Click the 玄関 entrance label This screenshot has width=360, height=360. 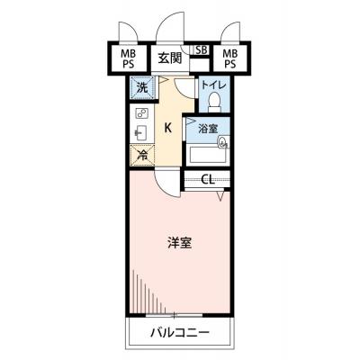point(170,58)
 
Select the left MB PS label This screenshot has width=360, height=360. point(128,59)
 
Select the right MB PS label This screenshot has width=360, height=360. point(230,59)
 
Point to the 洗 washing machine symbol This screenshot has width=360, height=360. point(142,87)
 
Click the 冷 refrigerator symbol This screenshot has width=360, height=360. point(142,155)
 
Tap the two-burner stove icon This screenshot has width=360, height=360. point(141,113)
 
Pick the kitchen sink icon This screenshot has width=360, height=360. point(140,132)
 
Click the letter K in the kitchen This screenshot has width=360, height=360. point(168,129)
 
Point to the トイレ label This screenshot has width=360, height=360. point(213,85)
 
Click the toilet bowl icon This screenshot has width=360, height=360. point(214,102)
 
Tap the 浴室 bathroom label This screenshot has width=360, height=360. point(208,129)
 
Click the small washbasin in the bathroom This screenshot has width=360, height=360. point(223,142)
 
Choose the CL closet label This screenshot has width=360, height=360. point(208,180)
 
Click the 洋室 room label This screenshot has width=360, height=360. point(179,243)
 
